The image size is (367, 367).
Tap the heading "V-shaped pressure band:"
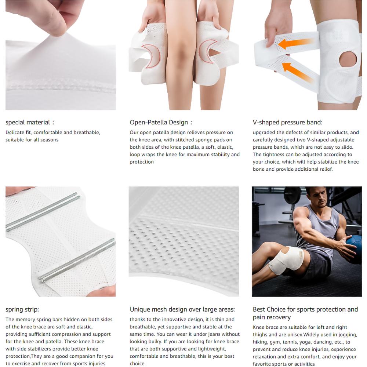287,123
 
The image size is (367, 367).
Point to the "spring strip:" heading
22,309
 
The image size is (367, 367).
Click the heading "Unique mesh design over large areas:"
182,309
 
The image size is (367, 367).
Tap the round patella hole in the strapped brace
348,59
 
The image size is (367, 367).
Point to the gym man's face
316,198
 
